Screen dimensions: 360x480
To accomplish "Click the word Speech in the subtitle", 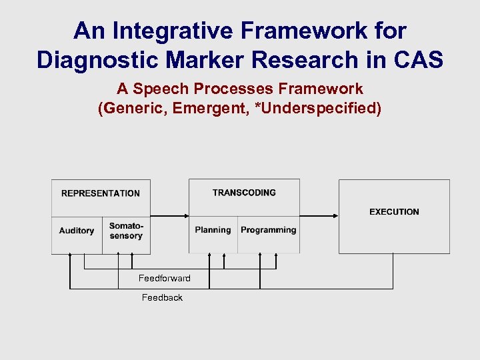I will tap(161, 89).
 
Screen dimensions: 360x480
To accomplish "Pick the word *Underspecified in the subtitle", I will tap(317, 108).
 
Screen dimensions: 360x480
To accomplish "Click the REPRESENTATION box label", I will tap(101, 193).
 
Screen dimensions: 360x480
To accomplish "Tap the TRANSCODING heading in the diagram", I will tap(244, 193).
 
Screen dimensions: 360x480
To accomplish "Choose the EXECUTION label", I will tap(394, 212).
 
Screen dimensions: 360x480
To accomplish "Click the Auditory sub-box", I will tap(77, 231).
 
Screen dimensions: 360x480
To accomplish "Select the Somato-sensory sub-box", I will tap(126, 231).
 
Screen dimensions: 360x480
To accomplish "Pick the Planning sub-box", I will tap(213, 230).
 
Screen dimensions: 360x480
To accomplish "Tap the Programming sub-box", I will tap(268, 230).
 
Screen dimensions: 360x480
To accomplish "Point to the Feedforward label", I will tap(164, 278).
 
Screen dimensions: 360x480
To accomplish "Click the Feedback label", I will tap(162, 297).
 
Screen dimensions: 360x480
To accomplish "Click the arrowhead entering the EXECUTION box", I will tap(336, 216).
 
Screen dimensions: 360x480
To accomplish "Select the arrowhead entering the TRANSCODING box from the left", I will tap(186, 216).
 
